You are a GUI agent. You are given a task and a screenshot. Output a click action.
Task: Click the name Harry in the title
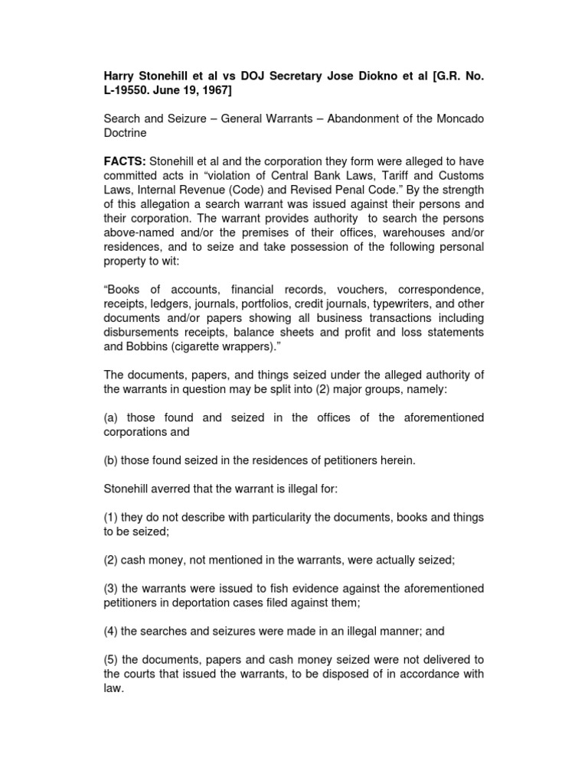click(119, 79)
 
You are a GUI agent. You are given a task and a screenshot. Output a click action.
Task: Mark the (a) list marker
click(111, 417)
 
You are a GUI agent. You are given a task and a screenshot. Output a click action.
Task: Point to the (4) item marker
click(111, 632)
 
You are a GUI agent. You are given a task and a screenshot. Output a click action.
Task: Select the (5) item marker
click(111, 659)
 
